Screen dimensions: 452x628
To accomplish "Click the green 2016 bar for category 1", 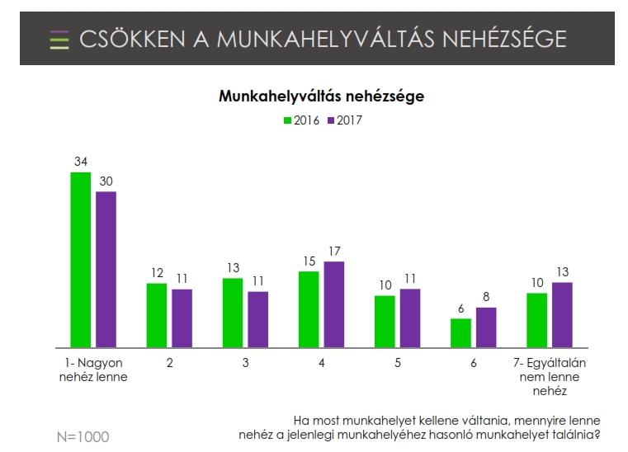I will pyautogui.click(x=80, y=260).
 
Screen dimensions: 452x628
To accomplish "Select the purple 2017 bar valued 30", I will pyautogui.click(x=106, y=269).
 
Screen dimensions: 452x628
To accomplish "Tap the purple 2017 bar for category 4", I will pyautogui.click(x=333, y=304).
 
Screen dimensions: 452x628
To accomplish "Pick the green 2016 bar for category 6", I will pyautogui.click(x=460, y=332).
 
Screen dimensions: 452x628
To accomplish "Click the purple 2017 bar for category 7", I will pyautogui.click(x=562, y=314).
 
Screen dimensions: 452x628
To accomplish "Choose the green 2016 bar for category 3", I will pyautogui.click(x=233, y=313).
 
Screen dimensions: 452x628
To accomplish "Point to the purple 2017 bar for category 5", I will pyautogui.click(x=410, y=318).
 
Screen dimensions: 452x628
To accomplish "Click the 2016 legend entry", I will pyautogui.click(x=303, y=120).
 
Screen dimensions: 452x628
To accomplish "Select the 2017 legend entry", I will pyautogui.click(x=345, y=120).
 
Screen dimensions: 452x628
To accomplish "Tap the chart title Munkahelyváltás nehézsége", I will pyautogui.click(x=321, y=97).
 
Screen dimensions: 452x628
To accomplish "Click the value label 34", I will pyautogui.click(x=81, y=162).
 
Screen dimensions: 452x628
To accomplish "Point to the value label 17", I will pyautogui.click(x=334, y=251).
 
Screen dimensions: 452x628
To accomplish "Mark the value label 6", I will pyautogui.click(x=460, y=308).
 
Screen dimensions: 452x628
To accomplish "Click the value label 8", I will pyautogui.click(x=486, y=297).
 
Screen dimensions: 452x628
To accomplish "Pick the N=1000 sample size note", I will pyautogui.click(x=81, y=436).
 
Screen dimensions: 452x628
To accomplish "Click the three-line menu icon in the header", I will pyautogui.click(x=59, y=40).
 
